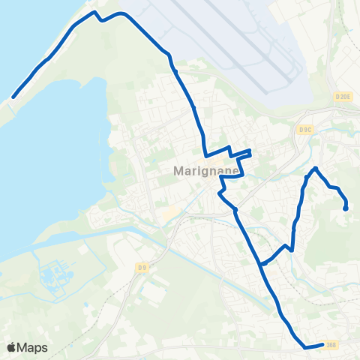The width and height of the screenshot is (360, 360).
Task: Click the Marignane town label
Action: click(205, 170)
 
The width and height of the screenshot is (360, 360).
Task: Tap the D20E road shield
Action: click(343, 97)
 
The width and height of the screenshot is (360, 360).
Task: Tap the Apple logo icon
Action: click(11, 347)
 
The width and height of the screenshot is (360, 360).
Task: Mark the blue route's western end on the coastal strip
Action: click(13, 97)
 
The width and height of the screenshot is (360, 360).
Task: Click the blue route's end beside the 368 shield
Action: click(322, 345)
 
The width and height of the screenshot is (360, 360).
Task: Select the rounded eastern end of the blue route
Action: click(345, 208)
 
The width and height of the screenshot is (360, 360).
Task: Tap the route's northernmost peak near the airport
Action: click(94, 12)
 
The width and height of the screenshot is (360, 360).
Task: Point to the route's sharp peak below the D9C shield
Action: click(316, 168)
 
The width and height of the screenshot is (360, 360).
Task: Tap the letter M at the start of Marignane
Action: click(178, 170)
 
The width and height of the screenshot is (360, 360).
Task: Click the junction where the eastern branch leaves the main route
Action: click(262, 263)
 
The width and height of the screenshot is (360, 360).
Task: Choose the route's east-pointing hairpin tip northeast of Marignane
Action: click(250, 153)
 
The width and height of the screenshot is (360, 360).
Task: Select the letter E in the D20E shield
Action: click(349, 97)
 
